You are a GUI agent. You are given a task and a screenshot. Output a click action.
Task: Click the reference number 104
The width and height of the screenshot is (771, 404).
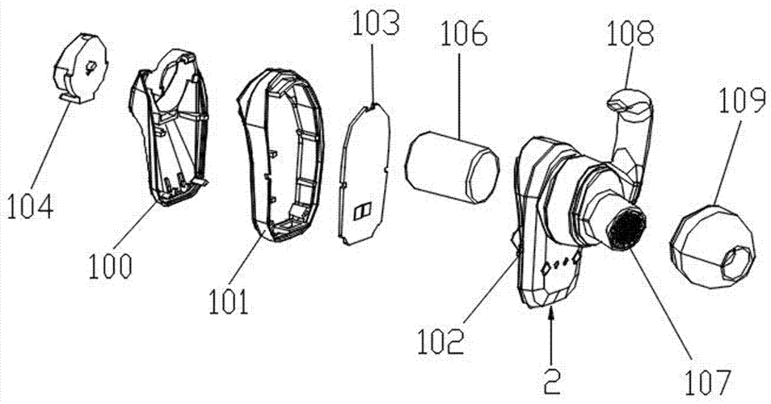click(x=30, y=206)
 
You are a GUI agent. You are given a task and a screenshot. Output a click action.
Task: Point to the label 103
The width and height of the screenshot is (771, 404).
click(x=375, y=24)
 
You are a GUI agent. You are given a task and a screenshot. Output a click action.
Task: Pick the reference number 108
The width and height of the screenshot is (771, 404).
click(x=630, y=35)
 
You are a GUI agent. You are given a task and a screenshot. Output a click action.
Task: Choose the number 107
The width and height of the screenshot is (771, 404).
click(x=709, y=382)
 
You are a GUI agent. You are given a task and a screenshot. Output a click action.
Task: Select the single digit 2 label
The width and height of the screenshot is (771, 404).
click(x=552, y=381)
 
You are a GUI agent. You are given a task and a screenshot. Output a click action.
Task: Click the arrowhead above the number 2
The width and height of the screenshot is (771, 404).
click(x=552, y=310)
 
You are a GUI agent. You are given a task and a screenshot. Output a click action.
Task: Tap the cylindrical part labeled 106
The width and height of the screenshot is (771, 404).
click(x=453, y=167)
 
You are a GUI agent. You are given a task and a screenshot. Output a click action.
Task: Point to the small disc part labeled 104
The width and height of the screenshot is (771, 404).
click(x=80, y=68)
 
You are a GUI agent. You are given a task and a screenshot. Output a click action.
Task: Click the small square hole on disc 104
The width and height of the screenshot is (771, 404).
click(x=91, y=66)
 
